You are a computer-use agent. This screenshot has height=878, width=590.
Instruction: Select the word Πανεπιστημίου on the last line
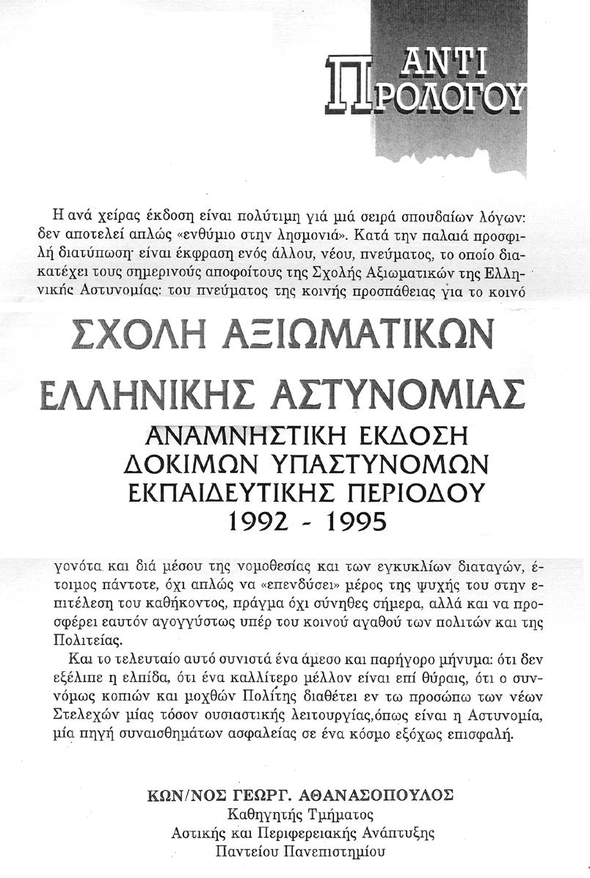tap(344, 852)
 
